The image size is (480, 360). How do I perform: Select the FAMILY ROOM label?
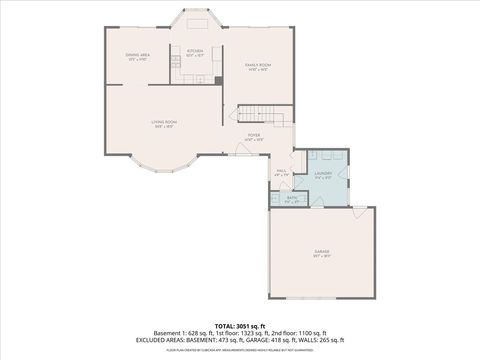(x=259, y=65)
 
